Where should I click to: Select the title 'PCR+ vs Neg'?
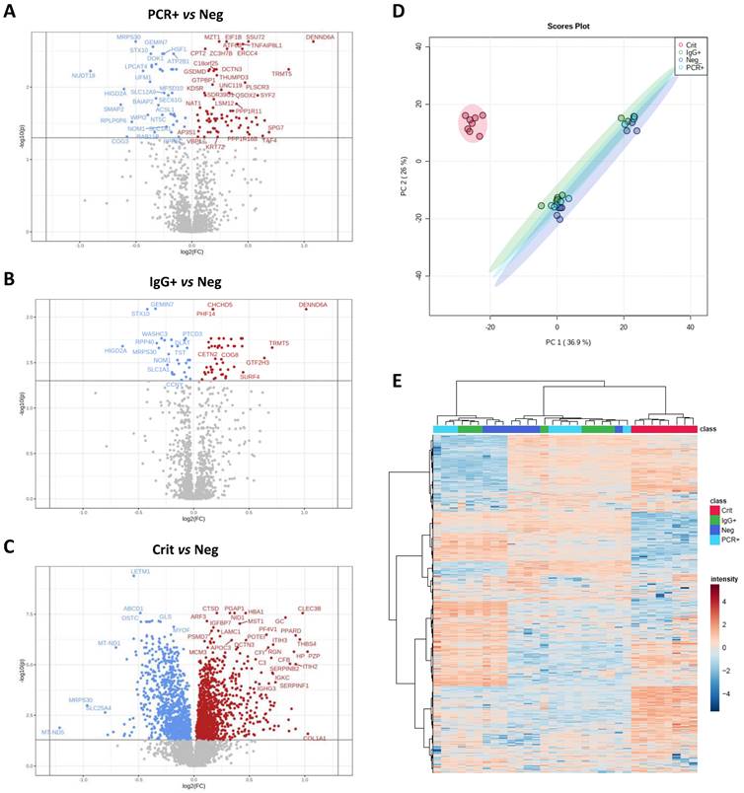click(188, 14)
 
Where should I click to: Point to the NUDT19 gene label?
click(84, 76)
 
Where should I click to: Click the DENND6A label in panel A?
click(320, 36)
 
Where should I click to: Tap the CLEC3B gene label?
click(309, 609)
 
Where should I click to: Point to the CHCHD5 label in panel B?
click(219, 305)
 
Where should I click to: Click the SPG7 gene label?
click(275, 128)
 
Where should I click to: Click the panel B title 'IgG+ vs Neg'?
click(187, 280)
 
